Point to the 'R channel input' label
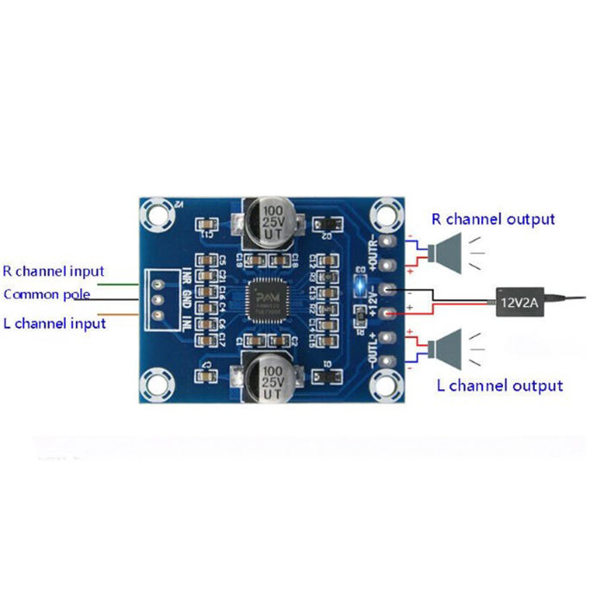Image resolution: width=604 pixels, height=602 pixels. [x=53, y=271]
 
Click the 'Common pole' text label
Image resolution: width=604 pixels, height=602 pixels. [x=47, y=295]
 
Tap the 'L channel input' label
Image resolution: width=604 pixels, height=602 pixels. [x=54, y=323]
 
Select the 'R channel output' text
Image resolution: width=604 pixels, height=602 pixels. [x=494, y=219]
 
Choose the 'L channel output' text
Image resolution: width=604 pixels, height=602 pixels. [x=500, y=386]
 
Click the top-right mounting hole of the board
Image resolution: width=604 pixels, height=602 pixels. [x=386, y=211]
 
